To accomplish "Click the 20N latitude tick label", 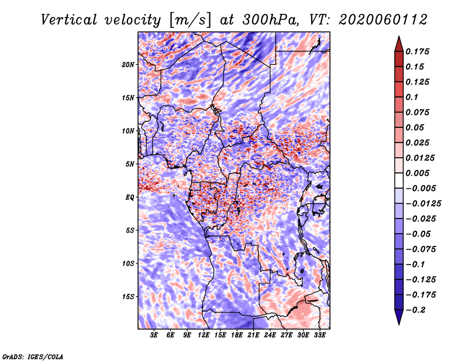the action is (128, 65).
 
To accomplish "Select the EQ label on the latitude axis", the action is (129, 197).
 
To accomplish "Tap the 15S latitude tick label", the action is (129, 297).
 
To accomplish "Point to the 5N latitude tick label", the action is (130, 164).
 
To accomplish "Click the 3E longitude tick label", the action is (154, 335).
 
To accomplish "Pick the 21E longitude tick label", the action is (253, 335).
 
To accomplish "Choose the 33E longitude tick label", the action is (319, 335).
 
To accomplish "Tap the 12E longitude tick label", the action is (203, 335).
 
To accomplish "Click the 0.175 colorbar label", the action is (417, 51).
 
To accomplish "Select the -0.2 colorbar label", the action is (415, 310).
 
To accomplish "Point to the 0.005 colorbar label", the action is (417, 173).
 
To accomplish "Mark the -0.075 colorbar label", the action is (421, 249).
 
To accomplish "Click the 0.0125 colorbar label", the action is (420, 158).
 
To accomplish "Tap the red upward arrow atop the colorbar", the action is (399, 44).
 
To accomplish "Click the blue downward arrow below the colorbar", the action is (399, 317).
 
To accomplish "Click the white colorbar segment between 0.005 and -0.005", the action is (399, 180).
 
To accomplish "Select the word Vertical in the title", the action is (69, 20).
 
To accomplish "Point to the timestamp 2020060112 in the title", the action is (383, 20).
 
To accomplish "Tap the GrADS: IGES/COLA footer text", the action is (33, 357).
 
